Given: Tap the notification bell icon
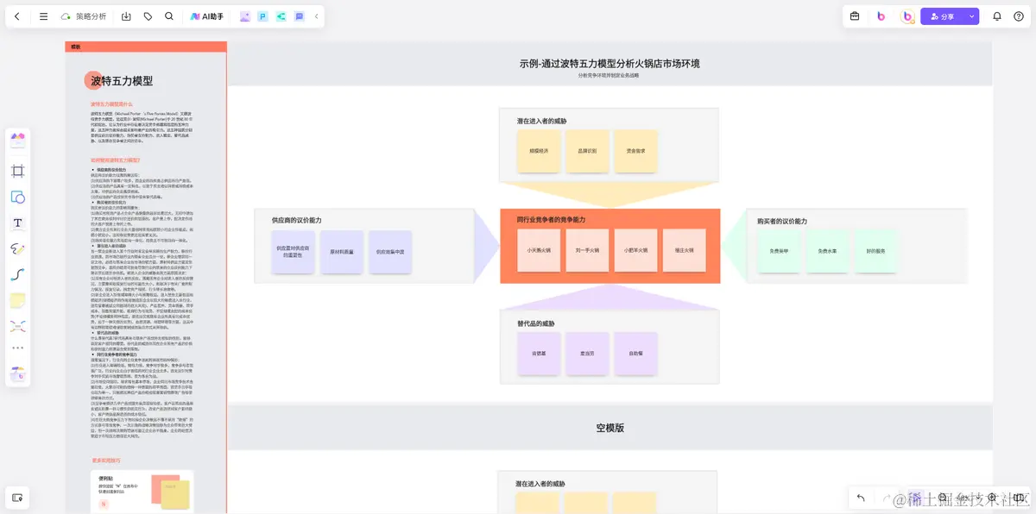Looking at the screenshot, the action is pyautogui.click(x=996, y=16).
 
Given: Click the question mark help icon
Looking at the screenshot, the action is pyautogui.click(x=1019, y=16).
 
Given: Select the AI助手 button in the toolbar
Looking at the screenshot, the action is pyautogui.click(x=207, y=16).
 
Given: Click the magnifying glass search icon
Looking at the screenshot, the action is pyautogui.click(x=168, y=16).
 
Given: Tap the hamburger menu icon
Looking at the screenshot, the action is pyautogui.click(x=43, y=16).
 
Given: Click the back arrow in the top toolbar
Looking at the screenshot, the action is pyautogui.click(x=17, y=16).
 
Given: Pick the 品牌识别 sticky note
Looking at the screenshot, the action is pyautogui.click(x=587, y=151).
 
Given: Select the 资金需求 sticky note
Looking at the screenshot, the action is pyautogui.click(x=635, y=151).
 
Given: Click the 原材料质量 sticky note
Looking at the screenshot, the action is pyautogui.click(x=342, y=252).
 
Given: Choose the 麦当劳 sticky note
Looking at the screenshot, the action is pyautogui.click(x=587, y=354).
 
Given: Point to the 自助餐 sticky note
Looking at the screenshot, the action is pyautogui.click(x=635, y=354).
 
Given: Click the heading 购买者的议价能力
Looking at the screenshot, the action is pyautogui.click(x=782, y=222).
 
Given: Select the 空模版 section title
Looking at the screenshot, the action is pyautogui.click(x=610, y=428).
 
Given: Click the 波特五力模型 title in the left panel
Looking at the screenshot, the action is pyautogui.click(x=122, y=81).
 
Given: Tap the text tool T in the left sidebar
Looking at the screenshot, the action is pyautogui.click(x=17, y=223).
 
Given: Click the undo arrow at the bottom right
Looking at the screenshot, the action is pyautogui.click(x=861, y=498).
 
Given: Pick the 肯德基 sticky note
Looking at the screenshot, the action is pyautogui.click(x=539, y=354).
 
